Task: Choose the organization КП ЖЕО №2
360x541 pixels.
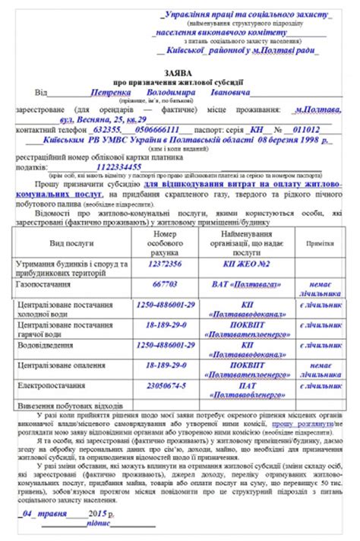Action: pyautogui.click(x=241, y=264)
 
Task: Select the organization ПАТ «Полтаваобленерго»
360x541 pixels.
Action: pyautogui.click(x=241, y=390)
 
